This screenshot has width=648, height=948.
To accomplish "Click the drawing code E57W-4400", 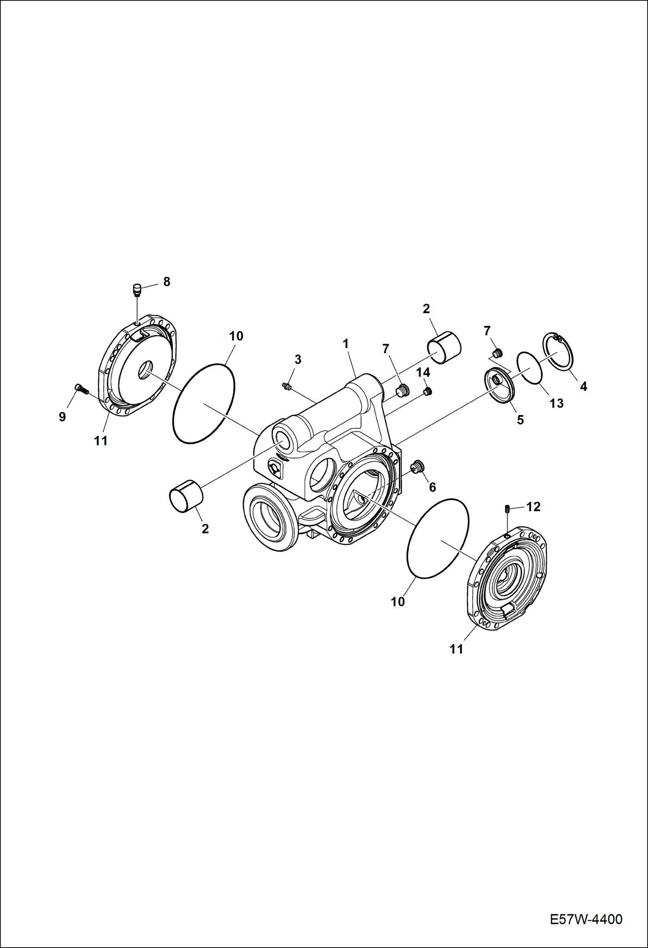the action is (x=586, y=919).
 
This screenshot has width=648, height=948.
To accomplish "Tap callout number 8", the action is (x=167, y=282).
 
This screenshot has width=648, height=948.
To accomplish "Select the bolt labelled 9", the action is (x=81, y=389).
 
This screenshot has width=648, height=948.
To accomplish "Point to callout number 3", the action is (x=298, y=359).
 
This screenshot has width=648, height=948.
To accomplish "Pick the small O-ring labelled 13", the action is (x=530, y=367).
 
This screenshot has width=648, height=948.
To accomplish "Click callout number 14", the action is (x=423, y=372).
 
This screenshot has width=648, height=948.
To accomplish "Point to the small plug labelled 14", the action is (x=428, y=391).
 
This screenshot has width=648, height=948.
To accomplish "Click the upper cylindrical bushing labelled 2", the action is (x=444, y=348).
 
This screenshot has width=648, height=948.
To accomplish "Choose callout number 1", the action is (x=346, y=344).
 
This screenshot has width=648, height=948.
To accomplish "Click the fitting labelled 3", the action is (x=286, y=386).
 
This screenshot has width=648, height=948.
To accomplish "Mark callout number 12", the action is (x=533, y=507).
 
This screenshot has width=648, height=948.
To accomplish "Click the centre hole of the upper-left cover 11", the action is (x=145, y=370).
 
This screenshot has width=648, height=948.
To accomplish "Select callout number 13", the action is (x=556, y=403).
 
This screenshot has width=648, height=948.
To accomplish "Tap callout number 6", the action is (x=432, y=487).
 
